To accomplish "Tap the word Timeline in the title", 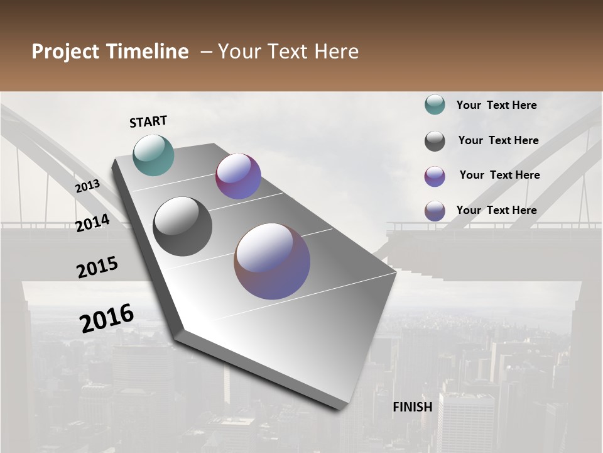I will tap(148, 52).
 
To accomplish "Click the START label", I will tap(148, 121).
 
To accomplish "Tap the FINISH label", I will tap(413, 407).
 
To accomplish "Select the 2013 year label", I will tap(87, 186).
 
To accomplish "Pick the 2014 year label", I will tap(92, 223).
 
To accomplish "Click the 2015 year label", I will tap(97, 267).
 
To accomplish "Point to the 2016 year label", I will tap(107, 318).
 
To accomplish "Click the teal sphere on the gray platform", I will tap(154, 155).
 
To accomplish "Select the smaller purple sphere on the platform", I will tap(238, 176).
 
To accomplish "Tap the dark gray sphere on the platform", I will tap(183, 226).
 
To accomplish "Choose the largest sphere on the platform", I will tap(272, 261).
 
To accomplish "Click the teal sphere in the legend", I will tap(435, 105).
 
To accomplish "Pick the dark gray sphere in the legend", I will tap(435, 141).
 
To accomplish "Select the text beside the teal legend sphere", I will tap(496, 105).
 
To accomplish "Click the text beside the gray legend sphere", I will tap(498, 140).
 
